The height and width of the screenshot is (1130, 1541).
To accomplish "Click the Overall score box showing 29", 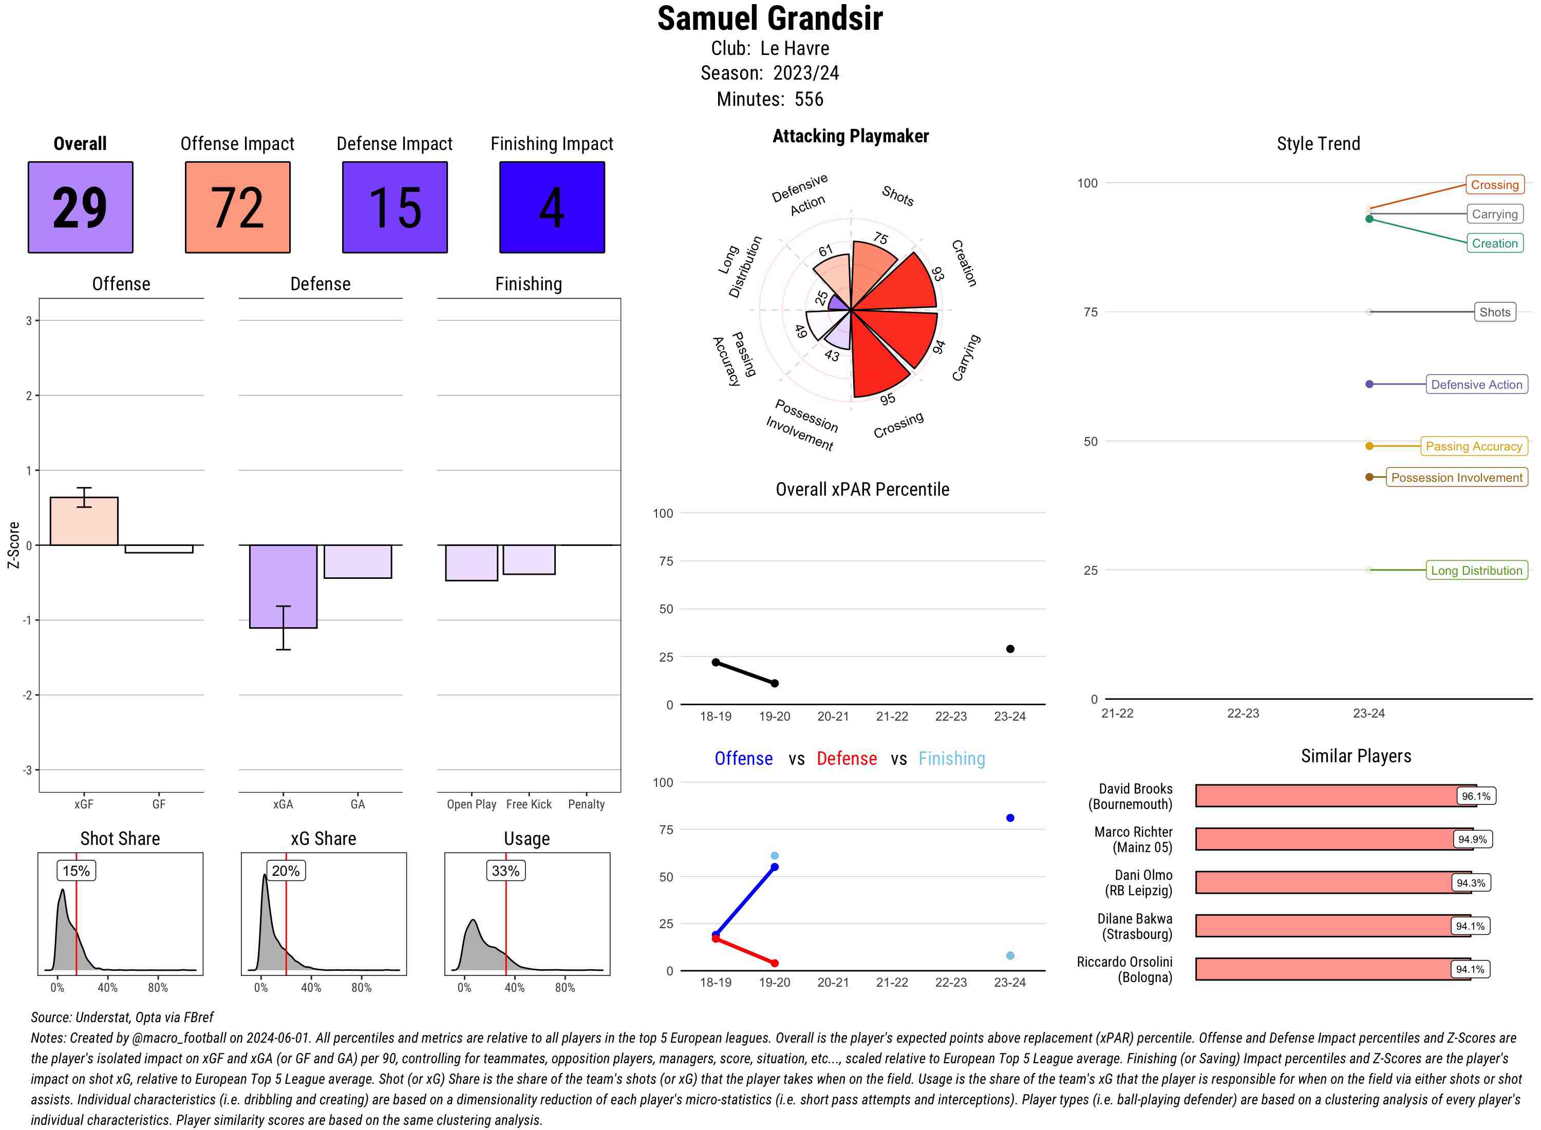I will tap(80, 208).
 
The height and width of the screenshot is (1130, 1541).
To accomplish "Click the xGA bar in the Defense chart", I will tap(283, 586).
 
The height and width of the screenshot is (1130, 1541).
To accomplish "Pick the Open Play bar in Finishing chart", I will tap(471, 562).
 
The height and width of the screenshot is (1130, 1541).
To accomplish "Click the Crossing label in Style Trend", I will tap(1494, 185).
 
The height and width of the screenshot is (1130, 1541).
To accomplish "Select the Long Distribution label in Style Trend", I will tap(1476, 571).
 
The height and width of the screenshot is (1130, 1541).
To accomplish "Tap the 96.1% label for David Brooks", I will tap(1475, 796).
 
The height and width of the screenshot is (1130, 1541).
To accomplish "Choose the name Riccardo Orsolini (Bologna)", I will tap(1124, 969).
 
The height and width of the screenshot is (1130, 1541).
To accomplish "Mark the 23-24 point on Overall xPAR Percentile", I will tap(1009, 648).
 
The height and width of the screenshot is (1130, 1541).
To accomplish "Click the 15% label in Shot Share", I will tap(76, 871).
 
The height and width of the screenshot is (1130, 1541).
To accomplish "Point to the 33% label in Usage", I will tap(505, 871).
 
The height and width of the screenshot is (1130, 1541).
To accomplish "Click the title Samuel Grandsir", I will tap(769, 19).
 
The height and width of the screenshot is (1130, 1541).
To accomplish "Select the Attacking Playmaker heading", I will tap(850, 136).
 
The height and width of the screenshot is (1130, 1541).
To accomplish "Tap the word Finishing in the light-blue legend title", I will tap(951, 759).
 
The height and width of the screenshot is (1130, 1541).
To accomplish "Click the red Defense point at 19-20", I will tap(774, 963).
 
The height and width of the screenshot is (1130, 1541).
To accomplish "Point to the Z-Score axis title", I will tap(13, 544).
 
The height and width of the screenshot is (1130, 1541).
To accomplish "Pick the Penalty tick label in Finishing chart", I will tap(586, 804).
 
